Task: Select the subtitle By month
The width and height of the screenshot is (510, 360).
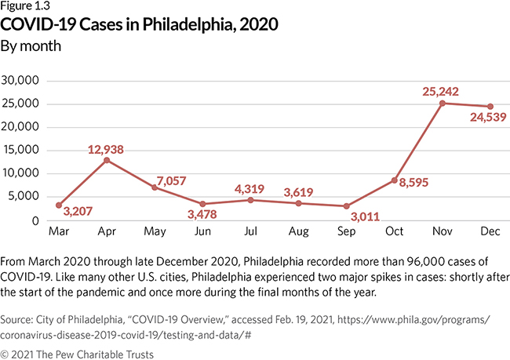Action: click(x=32, y=45)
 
